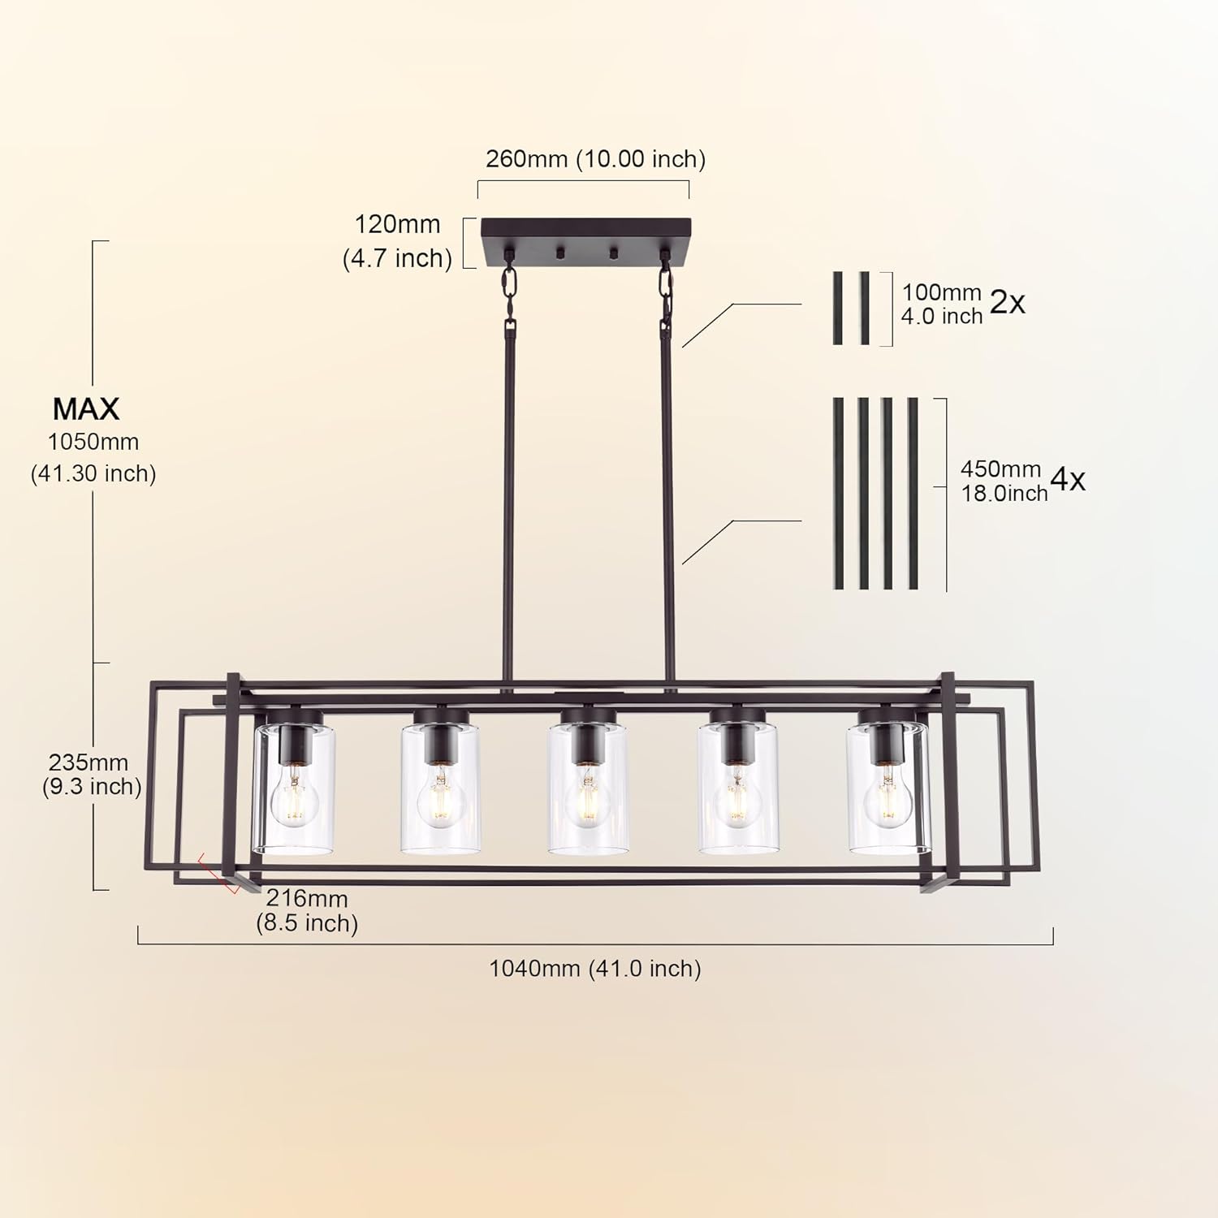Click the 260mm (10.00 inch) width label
(x=595, y=158)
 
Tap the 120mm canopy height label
(x=397, y=224)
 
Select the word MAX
(x=86, y=408)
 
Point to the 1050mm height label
(x=93, y=442)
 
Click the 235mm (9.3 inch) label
(x=91, y=774)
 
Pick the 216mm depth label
(x=307, y=899)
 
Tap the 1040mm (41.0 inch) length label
(x=594, y=968)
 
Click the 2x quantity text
(x=1007, y=303)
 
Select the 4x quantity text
(x=1067, y=480)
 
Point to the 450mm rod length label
(x=1000, y=469)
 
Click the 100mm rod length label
(x=942, y=292)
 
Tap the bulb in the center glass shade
(x=587, y=799)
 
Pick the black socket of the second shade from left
(x=439, y=737)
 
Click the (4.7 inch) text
(x=397, y=258)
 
